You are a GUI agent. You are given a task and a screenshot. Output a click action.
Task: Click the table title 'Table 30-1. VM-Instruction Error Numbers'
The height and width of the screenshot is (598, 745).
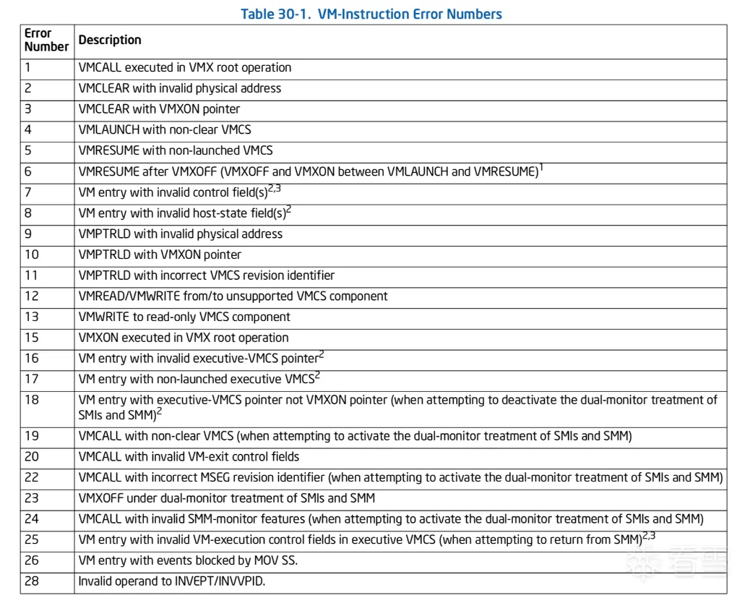371,14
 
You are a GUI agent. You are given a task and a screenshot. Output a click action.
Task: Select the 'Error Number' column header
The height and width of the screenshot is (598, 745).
46,40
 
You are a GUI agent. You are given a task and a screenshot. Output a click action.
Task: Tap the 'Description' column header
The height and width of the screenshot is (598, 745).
110,40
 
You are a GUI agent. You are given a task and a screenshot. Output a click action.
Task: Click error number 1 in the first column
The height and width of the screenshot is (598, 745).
28,68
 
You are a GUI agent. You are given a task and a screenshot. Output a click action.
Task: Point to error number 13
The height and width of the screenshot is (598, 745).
31,317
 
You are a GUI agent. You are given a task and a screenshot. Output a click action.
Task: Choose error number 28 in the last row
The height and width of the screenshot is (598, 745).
32,581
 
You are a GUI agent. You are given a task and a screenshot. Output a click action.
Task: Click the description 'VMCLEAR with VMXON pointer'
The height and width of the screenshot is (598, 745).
159,109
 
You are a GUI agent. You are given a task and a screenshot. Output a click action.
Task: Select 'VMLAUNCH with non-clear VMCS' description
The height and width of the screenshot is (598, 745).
165,130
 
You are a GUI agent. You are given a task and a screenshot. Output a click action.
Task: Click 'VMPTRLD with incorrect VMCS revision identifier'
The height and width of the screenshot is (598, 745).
206,275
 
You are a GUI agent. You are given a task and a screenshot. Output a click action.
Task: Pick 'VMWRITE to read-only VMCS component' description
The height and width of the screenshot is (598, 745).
184,317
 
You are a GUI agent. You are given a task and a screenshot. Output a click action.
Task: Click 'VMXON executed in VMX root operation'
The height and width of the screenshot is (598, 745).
183,338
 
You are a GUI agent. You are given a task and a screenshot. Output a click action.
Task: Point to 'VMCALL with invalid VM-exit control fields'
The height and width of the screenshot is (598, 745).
189,457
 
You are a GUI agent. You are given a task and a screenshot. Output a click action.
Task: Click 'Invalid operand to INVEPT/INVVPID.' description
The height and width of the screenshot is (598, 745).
171,581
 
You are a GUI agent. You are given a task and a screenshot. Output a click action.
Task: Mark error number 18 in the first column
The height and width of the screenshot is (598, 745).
31,400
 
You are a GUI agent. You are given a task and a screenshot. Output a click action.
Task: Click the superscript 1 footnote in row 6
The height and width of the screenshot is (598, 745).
541,168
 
